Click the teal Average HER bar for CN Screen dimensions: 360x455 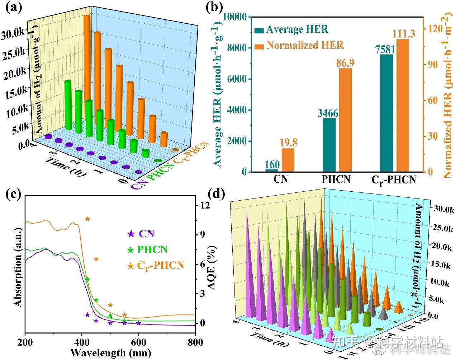[271, 170]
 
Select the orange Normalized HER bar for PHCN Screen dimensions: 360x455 [345, 120]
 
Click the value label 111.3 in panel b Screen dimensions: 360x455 [404, 34]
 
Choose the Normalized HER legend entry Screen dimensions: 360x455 [305, 45]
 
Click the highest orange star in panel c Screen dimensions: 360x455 [87, 219]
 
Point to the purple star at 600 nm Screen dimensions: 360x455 [139, 323]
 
